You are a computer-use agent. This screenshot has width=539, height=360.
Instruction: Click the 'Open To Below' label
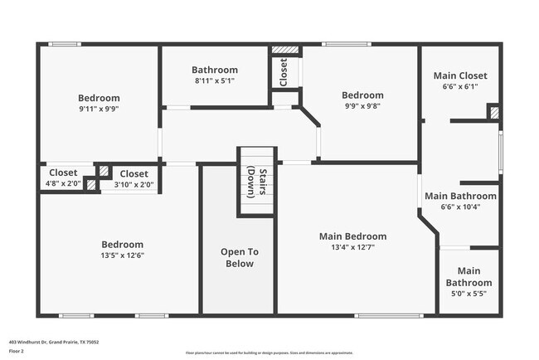click(239, 257)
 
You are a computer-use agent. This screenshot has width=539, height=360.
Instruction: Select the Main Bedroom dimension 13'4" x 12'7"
click(352, 246)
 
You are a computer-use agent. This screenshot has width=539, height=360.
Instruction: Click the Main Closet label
click(460, 75)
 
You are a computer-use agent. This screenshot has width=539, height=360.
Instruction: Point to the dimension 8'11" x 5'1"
click(214, 81)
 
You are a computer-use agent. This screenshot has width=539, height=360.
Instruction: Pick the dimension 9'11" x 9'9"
click(99, 108)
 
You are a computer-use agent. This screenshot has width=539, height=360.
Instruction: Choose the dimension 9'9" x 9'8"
click(362, 106)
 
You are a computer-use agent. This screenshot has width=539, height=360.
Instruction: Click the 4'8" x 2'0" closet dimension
click(63, 183)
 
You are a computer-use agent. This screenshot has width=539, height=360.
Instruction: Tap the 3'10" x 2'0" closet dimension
click(133, 184)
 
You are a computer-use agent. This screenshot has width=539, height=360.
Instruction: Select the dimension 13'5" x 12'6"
click(122, 255)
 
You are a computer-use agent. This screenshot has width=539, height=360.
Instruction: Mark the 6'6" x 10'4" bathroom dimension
click(460, 207)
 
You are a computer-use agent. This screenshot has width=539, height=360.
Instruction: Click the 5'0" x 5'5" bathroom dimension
click(469, 294)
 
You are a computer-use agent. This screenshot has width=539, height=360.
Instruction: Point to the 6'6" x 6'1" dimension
click(460, 86)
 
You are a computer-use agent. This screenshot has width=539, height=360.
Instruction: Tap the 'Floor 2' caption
click(17, 351)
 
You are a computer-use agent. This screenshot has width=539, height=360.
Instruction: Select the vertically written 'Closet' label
click(284, 72)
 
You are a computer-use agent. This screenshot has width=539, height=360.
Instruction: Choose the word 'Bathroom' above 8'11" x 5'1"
click(214, 71)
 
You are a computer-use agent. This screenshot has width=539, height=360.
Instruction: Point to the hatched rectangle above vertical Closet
click(285, 50)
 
